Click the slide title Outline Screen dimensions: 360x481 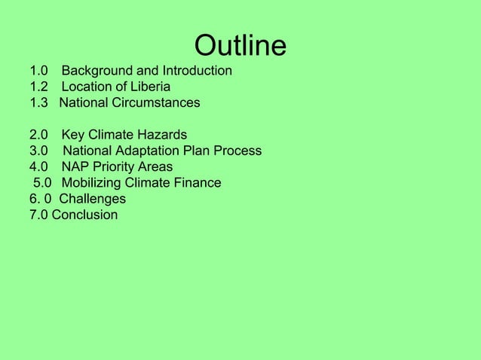pyautogui.click(x=240, y=46)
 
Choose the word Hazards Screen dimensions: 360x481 pyautogui.click(x=161, y=135)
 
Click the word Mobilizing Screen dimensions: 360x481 pyautogui.click(x=94, y=182)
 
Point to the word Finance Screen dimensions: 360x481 pyautogui.click(x=196, y=182)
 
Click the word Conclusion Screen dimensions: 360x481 pyautogui.click(x=84, y=215)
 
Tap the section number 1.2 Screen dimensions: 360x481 pyautogui.click(x=38, y=87)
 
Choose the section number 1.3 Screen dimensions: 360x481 pyautogui.click(x=38, y=102)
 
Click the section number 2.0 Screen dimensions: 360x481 pyautogui.click(x=38, y=135)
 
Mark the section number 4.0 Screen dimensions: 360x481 pyautogui.click(x=38, y=166)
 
